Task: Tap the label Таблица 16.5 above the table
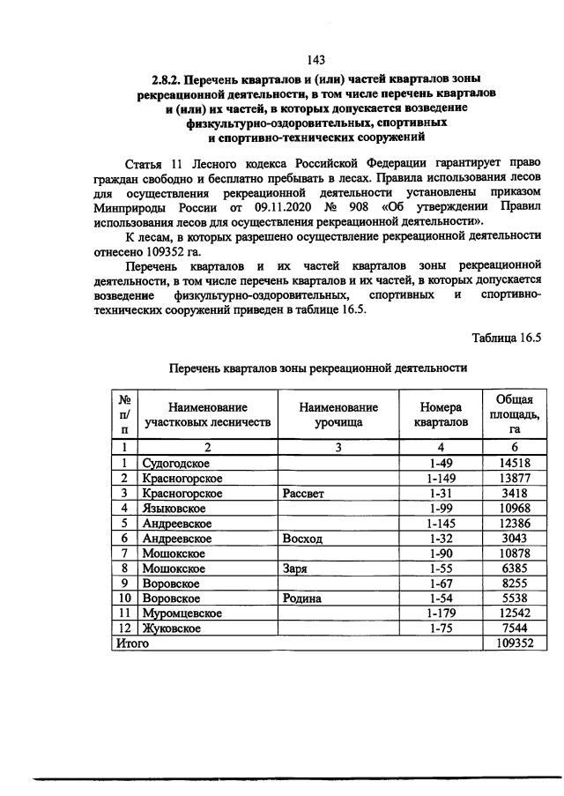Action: click(506, 338)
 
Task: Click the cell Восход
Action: click(302, 539)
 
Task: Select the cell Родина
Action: click(302, 599)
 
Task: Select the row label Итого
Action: click(132, 643)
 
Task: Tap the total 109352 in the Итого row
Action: click(509, 643)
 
